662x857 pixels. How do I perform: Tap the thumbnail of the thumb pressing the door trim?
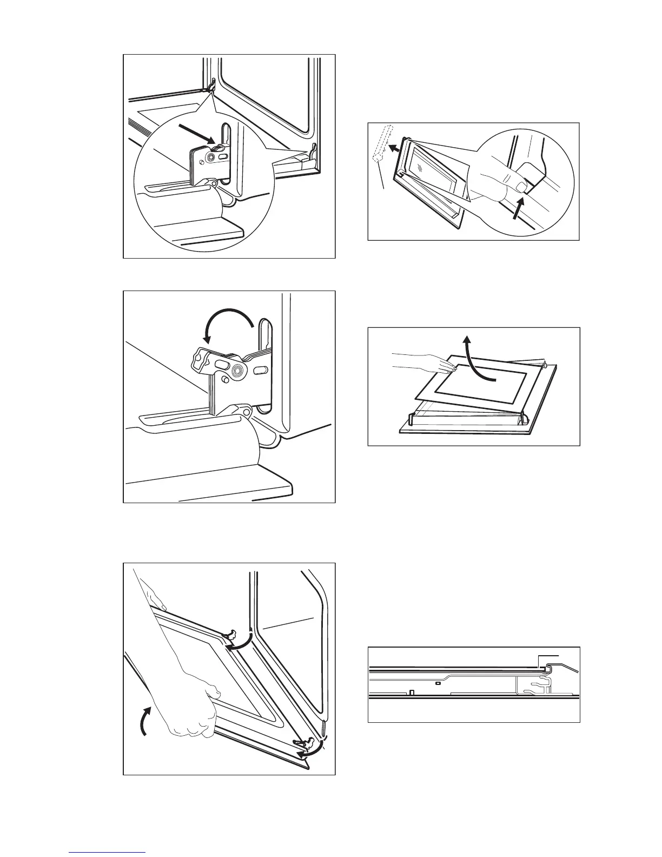point(521,188)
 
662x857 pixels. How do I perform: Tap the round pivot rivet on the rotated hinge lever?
point(237,371)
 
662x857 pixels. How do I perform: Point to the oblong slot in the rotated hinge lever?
point(221,365)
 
